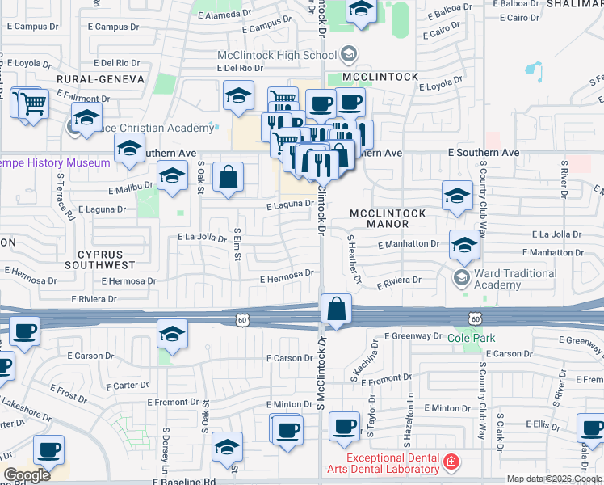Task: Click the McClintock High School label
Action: tap(276, 55)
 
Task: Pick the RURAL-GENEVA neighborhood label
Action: tap(101, 79)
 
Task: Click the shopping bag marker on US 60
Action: tap(336, 309)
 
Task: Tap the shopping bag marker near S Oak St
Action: tap(229, 177)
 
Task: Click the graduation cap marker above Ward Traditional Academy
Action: tap(464, 244)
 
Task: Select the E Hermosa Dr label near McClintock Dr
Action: tap(286, 278)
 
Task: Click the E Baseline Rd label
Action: tap(187, 481)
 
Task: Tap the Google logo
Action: tap(27, 475)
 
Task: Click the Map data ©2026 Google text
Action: tap(553, 479)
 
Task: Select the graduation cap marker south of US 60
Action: tap(172, 332)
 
